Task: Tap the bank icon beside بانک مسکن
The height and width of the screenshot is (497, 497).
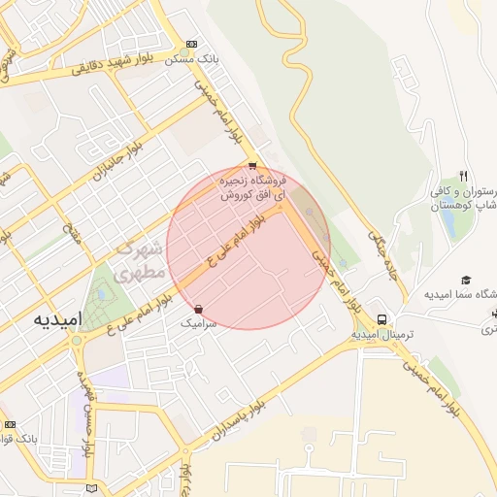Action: (191, 44)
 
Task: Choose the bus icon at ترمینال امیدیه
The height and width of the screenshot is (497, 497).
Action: (382, 318)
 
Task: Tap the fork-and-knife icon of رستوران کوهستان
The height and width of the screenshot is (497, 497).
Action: (464, 176)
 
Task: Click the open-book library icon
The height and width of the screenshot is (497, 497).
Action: (91, 486)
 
